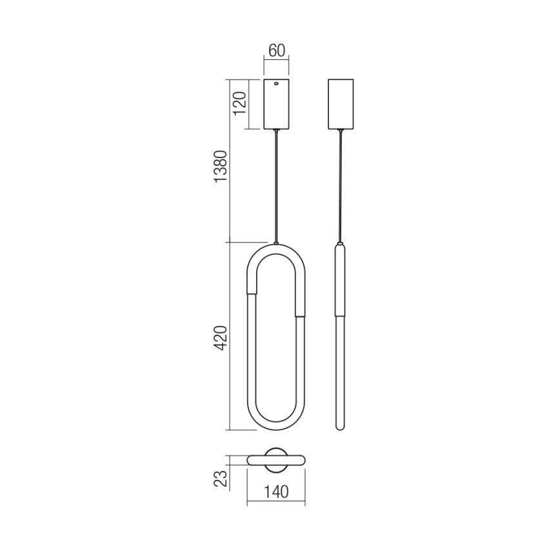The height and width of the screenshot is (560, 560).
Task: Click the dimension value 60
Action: point(277,50)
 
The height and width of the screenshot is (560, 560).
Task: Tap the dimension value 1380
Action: point(221,167)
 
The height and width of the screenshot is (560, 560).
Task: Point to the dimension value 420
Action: point(221,337)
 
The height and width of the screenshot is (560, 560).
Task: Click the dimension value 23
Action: point(221,478)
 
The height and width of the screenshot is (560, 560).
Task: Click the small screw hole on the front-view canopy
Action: point(277,83)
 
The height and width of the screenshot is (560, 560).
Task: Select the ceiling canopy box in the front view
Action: point(277,106)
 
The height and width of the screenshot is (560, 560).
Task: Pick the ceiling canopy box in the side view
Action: point(340,104)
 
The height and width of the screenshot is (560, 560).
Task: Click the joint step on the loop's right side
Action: point(300,315)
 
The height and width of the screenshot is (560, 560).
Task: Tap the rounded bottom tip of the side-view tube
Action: point(340,428)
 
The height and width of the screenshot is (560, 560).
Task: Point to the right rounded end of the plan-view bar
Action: point(303,459)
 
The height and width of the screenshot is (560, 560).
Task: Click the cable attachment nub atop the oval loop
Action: point(277,243)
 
